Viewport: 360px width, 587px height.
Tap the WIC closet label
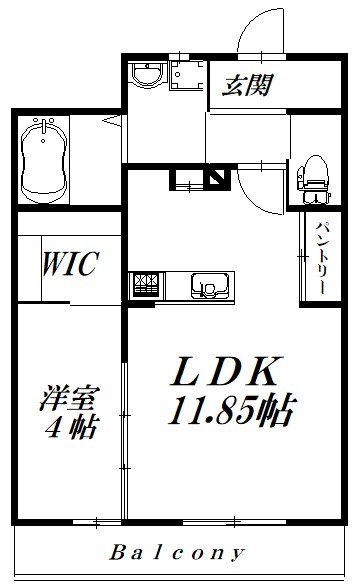point(68,264)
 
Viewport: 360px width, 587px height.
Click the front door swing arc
point(262,28)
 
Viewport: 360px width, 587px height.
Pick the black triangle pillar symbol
point(216,180)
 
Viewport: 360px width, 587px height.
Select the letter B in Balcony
point(117,551)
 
